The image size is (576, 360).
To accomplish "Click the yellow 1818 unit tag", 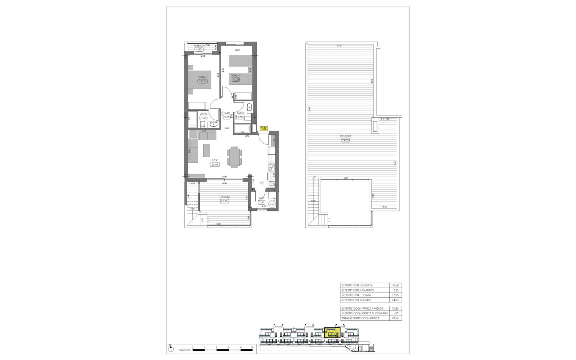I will [264, 127].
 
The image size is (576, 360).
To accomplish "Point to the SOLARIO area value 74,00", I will [346, 140].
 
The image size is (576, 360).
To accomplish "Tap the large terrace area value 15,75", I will [224, 202].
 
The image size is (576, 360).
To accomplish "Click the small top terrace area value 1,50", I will [199, 50].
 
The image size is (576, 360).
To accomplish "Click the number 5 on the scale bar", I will [252, 347].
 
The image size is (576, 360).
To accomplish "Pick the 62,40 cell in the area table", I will [396, 285].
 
